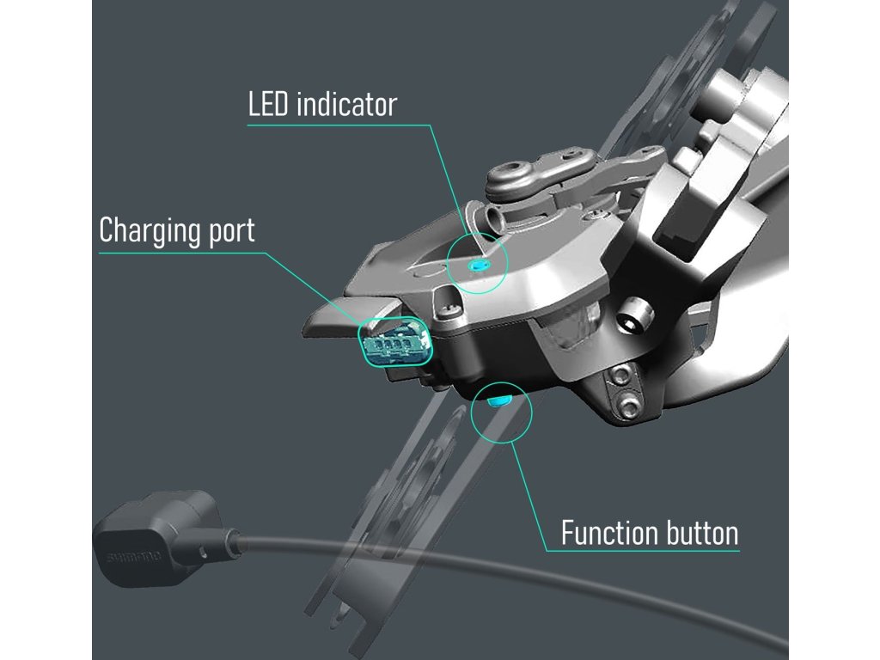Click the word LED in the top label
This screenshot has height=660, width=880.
268,105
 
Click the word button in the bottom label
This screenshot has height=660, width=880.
701,533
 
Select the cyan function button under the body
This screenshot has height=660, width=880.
498,400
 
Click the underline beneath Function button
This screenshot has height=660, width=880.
645,551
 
